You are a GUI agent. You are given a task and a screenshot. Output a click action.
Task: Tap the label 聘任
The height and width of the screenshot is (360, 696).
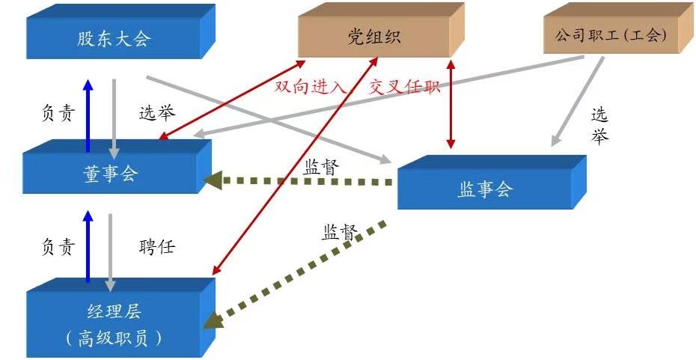click(156, 247)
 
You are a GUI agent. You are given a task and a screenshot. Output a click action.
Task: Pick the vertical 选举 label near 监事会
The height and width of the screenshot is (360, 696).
click(599, 126)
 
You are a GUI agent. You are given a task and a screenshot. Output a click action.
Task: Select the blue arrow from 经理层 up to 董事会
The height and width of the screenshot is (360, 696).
click(88, 247)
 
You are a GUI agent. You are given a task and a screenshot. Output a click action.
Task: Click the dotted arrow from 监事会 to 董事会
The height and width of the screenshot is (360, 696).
click(299, 180)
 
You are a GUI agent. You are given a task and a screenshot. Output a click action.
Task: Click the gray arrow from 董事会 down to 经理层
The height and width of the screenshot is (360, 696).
click(111, 251)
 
